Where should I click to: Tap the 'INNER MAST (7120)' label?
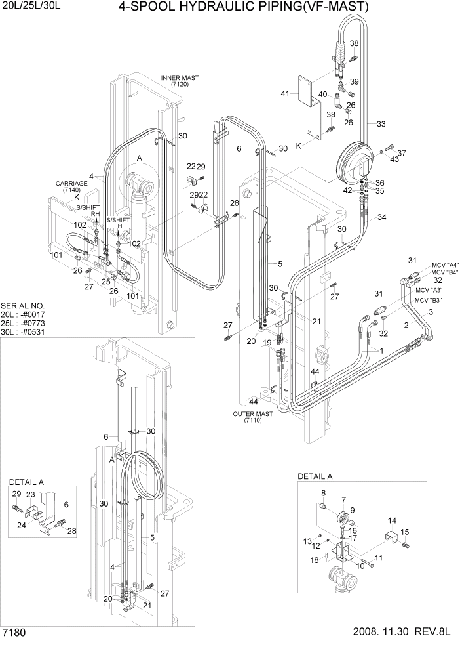179,81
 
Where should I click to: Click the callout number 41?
284,94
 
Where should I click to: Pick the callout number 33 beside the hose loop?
381,123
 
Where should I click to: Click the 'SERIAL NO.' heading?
23,306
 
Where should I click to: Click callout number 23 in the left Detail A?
29,494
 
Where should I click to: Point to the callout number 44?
254,401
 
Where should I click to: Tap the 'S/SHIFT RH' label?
92,211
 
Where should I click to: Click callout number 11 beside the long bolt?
378,557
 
